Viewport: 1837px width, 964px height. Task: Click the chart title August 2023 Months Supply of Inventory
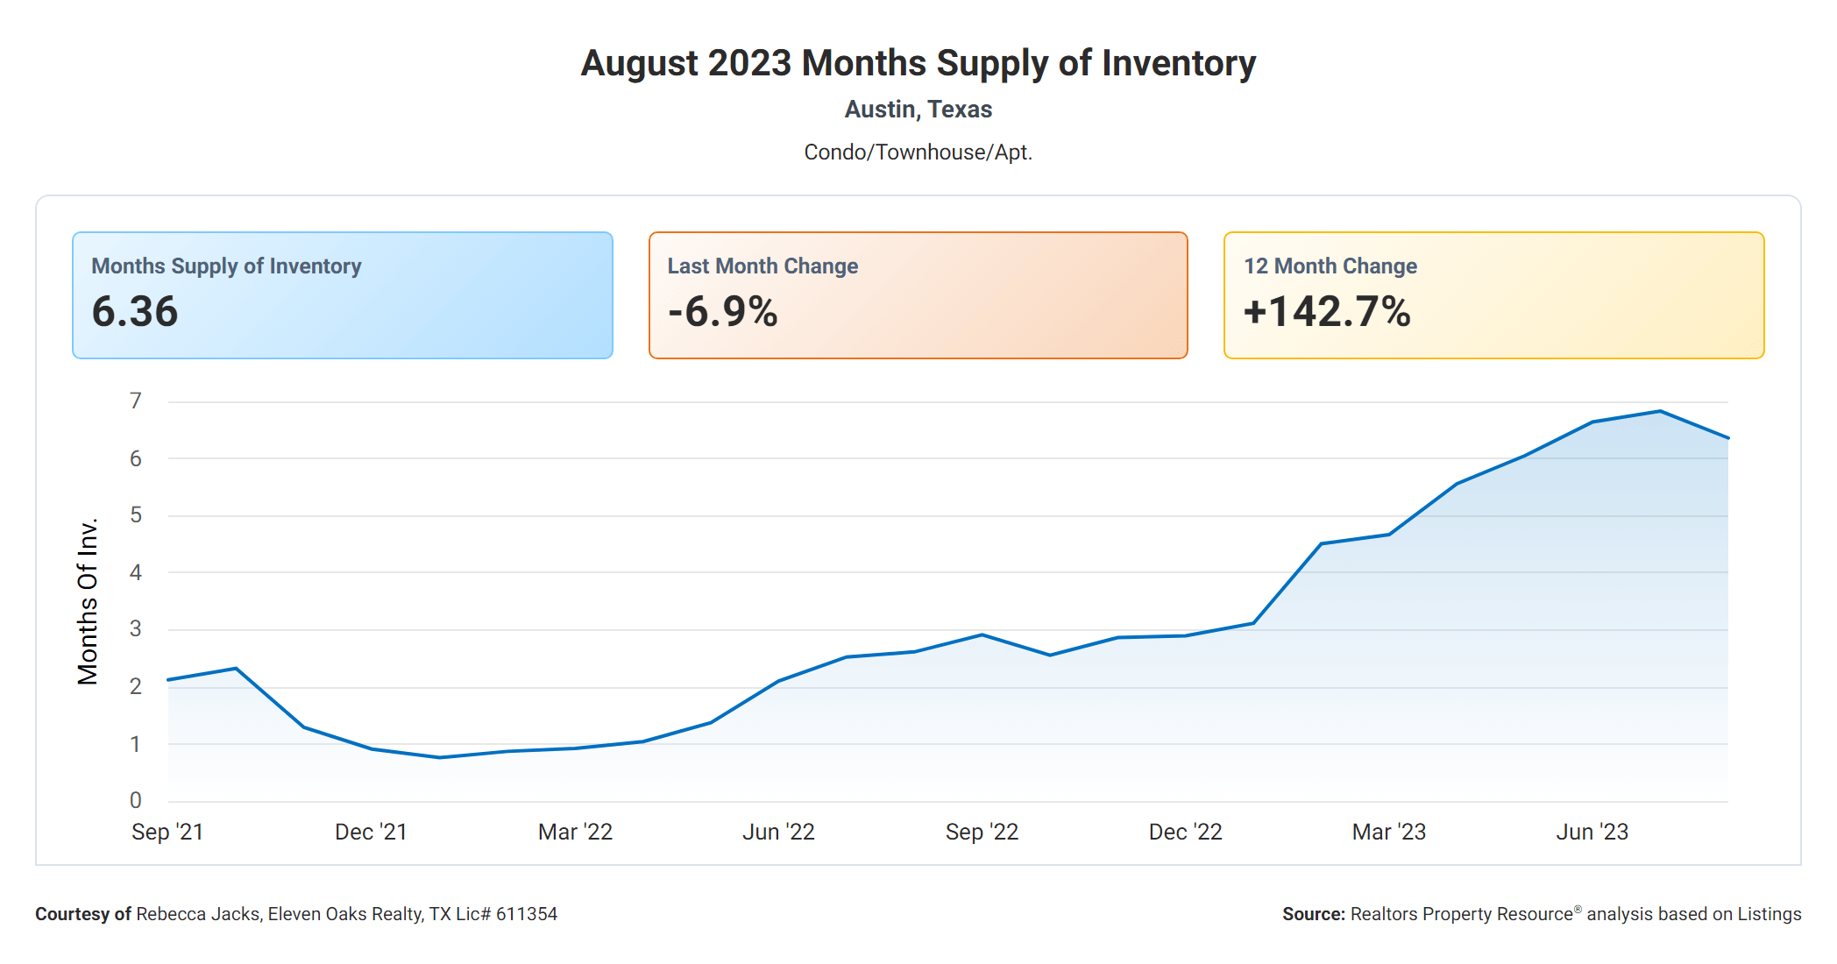918,63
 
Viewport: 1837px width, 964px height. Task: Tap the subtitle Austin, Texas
918,110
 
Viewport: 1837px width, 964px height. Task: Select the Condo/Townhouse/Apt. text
918,152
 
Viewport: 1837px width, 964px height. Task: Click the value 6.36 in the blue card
135,312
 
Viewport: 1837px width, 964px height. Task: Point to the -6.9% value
722,312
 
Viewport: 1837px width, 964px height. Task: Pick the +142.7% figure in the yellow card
1327,312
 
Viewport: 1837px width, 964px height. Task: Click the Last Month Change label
762,266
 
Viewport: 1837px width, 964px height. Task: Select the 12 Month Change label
1330,266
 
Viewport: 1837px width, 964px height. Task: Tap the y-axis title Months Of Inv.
88,601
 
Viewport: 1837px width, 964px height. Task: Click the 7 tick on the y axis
136,401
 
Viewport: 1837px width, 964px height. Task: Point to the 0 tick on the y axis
136,800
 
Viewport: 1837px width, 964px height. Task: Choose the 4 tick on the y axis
136,573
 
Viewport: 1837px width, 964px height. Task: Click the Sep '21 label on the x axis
167,832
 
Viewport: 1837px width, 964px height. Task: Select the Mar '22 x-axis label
575,832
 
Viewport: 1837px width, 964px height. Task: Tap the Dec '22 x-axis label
1185,832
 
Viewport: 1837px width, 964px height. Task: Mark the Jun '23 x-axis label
1592,832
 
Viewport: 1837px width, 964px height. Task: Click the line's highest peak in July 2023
1660,411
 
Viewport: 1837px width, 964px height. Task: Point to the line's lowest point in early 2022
440,757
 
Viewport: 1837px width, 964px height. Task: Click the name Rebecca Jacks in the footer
198,914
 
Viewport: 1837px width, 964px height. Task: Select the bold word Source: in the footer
1313,914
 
